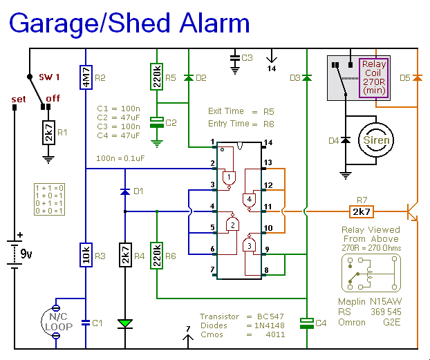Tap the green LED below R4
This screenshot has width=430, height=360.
(125, 323)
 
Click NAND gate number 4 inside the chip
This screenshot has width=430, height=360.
(248, 200)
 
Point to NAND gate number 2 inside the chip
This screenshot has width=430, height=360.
(233, 225)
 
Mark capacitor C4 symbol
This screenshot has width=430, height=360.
(306, 322)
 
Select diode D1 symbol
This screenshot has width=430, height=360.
(125, 191)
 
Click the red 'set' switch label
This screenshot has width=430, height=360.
(19, 100)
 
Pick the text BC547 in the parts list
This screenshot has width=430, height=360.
(273, 316)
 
